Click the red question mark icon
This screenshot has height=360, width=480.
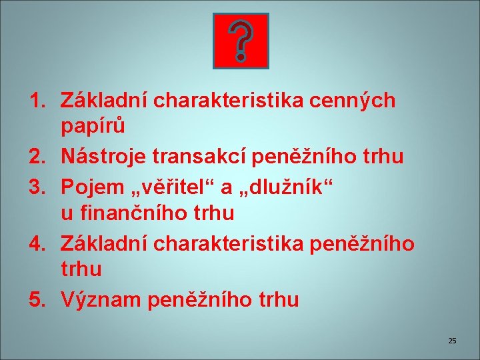[240, 41]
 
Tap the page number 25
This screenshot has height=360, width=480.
[452, 341]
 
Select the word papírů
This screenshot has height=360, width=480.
[93, 126]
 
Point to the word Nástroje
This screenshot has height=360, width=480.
[104, 157]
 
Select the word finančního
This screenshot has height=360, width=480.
[135, 213]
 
